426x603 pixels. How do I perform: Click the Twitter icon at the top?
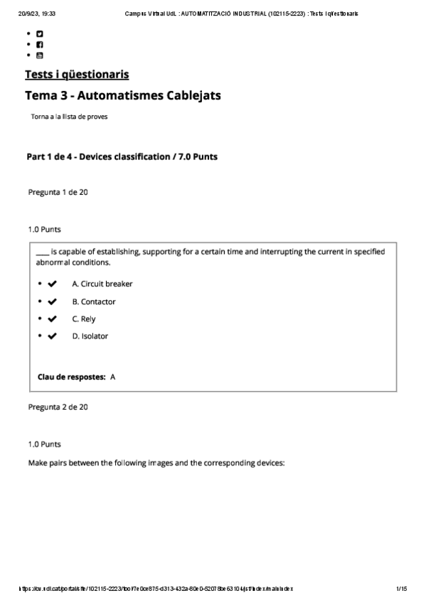(40, 33)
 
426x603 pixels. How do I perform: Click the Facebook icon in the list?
(40, 44)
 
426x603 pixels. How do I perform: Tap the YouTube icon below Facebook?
(40, 55)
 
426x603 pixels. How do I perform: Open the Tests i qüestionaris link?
(77, 75)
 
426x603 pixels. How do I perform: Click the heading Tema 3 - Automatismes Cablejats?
(127, 95)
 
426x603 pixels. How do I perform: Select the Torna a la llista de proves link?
(70, 117)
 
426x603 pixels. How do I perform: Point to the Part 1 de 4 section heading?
(122, 156)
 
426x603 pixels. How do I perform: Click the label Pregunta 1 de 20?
(58, 192)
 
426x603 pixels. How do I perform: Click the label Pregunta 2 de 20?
(58, 407)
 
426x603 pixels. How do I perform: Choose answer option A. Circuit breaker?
(102, 284)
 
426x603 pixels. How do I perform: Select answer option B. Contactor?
(94, 301)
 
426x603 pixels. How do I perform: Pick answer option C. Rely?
(84, 319)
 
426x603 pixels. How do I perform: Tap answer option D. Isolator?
(90, 336)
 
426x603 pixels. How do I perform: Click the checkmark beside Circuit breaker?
(52, 284)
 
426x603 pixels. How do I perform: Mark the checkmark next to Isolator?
(52, 336)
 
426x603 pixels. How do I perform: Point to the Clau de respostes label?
(72, 377)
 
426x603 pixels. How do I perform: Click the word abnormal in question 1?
(51, 262)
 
